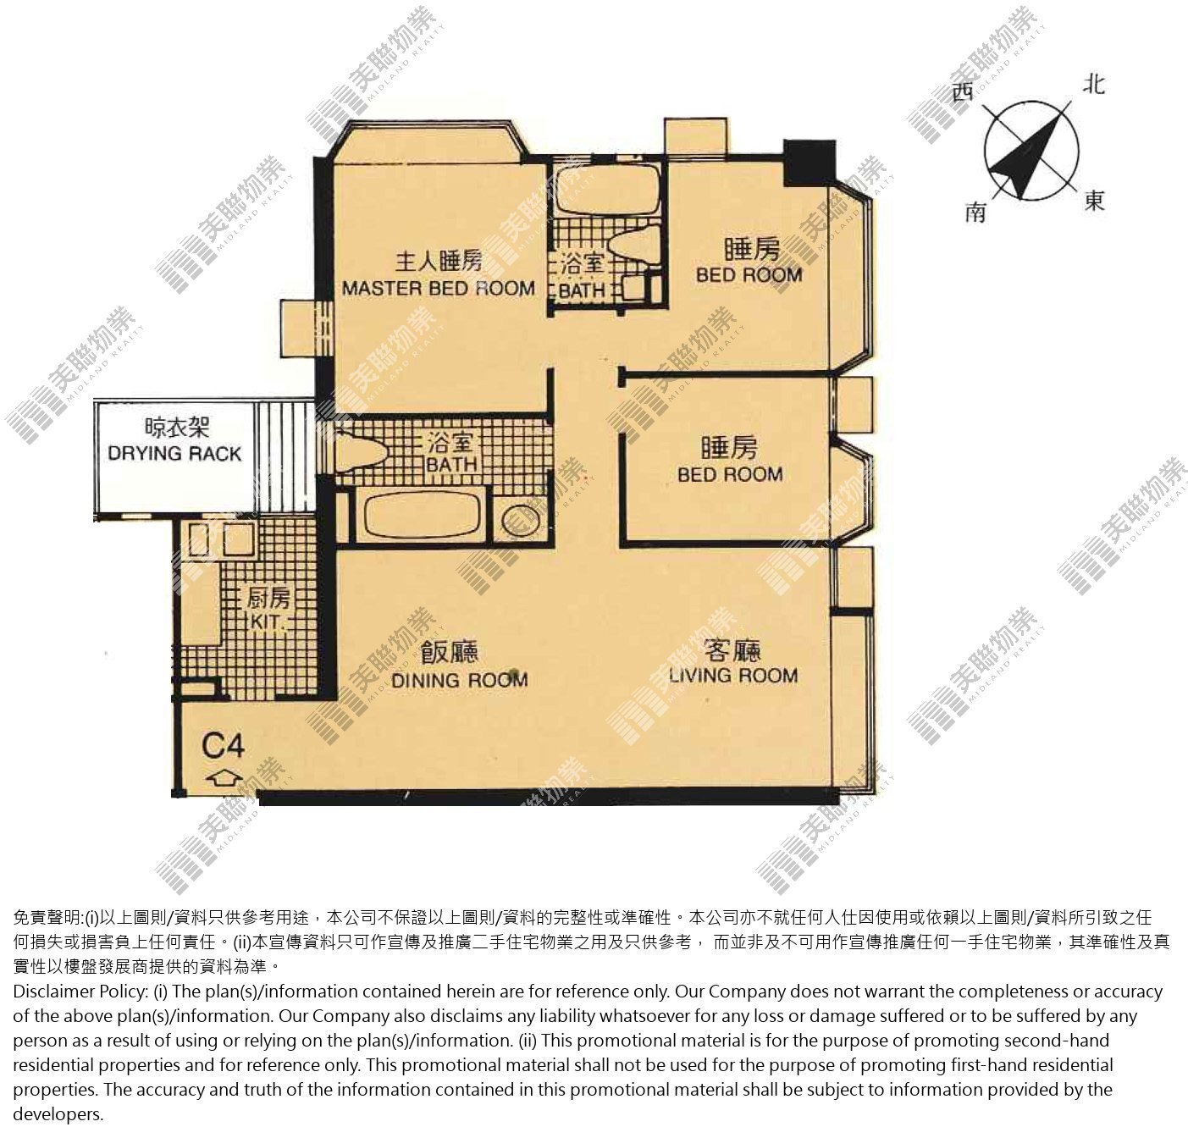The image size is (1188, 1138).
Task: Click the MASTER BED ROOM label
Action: (x=438, y=288)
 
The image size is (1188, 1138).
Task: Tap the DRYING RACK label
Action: (x=174, y=453)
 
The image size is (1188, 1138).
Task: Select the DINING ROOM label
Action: (x=459, y=680)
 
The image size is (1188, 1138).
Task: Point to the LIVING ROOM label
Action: (x=733, y=675)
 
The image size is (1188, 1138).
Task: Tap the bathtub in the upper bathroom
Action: (x=609, y=189)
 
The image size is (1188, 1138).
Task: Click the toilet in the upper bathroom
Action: (x=635, y=246)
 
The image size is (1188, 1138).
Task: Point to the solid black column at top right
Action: (x=809, y=163)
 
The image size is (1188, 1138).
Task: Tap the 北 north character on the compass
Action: (x=1093, y=85)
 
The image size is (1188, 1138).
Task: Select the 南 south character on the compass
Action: (x=975, y=213)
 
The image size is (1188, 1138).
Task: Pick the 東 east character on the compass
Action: (x=1094, y=200)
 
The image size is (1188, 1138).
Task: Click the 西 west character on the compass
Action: (x=964, y=92)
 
